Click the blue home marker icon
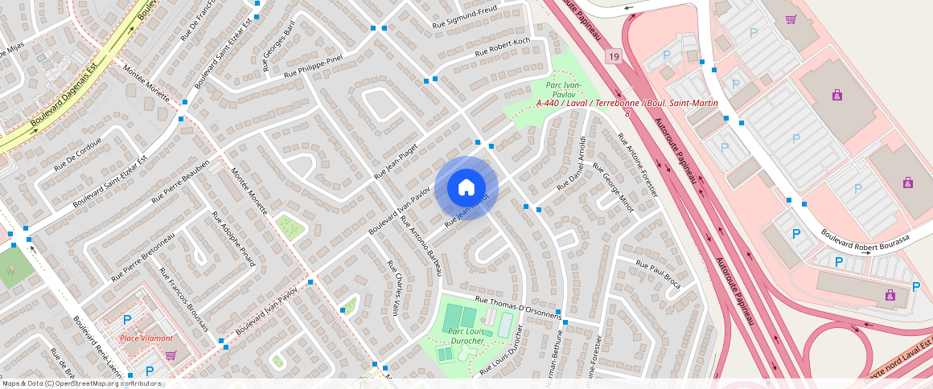(466, 188)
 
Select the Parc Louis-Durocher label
(466, 336)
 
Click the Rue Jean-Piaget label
(399, 162)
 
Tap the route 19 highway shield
(614, 56)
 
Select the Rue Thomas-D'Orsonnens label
(518, 308)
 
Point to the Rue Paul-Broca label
(658, 274)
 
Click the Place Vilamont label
(145, 338)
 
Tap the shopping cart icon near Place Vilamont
(170, 354)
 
